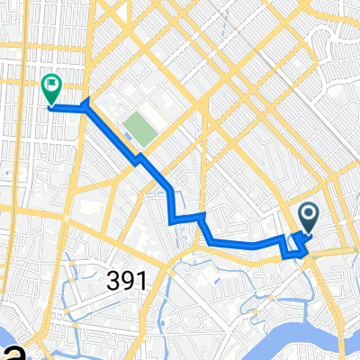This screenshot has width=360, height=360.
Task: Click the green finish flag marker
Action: (51, 88)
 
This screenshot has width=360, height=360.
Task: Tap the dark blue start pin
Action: (308, 216)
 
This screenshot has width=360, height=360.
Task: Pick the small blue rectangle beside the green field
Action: (128, 137)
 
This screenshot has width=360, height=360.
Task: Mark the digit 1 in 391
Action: (140, 281)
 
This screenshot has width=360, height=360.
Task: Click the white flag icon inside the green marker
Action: (51, 86)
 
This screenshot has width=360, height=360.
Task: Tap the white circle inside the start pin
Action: (308, 213)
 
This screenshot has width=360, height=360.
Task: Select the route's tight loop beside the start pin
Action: (295, 246)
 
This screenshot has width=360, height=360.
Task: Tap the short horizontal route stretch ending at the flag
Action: (67, 107)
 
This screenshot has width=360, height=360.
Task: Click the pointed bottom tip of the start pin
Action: (308, 233)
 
